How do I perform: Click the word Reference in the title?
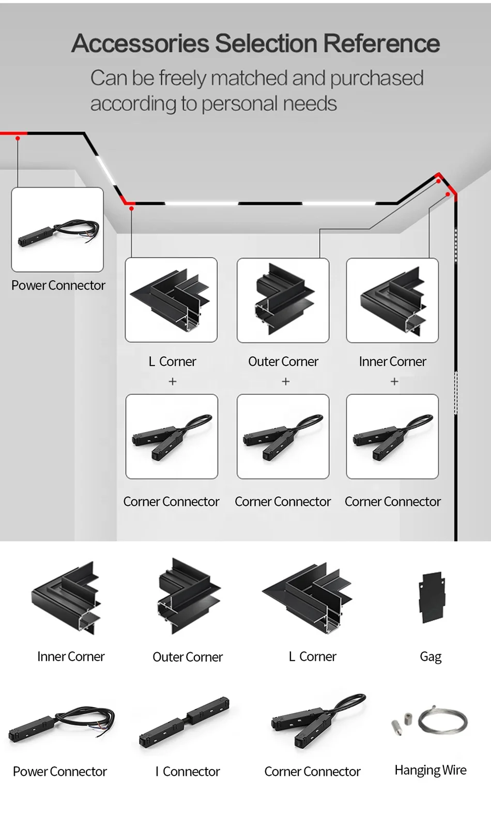click(x=381, y=43)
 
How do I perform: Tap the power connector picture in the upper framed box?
click(x=57, y=230)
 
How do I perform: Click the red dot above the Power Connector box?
click(x=18, y=138)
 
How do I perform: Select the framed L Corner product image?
click(x=171, y=300)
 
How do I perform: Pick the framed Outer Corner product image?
click(x=283, y=300)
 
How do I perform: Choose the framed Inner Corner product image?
click(x=392, y=300)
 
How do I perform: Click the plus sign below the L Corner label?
click(x=173, y=381)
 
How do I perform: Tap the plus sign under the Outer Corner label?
click(x=285, y=381)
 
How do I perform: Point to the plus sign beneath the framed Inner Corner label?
click(x=394, y=381)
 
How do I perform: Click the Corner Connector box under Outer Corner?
click(x=283, y=436)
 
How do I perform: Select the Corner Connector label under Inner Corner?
click(x=392, y=501)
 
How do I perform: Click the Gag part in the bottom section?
click(x=431, y=597)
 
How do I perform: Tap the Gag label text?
click(x=431, y=656)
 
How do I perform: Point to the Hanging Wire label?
click(x=430, y=770)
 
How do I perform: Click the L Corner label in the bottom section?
click(x=312, y=656)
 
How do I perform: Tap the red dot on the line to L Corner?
click(x=131, y=208)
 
